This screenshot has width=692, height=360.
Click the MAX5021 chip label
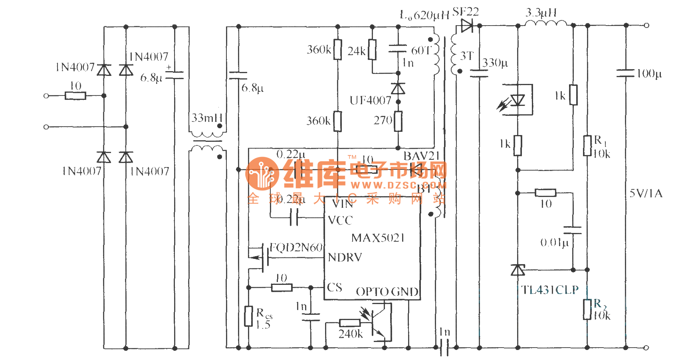(378, 238)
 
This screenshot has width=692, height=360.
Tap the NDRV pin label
(345, 258)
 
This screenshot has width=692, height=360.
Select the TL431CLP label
(550, 290)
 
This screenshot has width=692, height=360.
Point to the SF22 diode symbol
(467, 26)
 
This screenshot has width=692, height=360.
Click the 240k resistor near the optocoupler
(350, 323)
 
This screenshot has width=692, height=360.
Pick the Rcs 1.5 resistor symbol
(249, 316)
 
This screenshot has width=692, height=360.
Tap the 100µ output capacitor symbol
(626, 73)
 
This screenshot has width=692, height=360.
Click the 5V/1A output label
(646, 194)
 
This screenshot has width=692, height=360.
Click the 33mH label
(207, 118)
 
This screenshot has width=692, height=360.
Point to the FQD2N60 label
(296, 248)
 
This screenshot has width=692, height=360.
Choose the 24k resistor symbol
(372, 50)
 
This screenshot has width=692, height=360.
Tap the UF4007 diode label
(370, 100)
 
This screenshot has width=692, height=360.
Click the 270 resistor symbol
(398, 121)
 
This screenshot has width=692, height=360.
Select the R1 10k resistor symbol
(587, 145)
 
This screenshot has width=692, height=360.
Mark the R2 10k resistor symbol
(587, 309)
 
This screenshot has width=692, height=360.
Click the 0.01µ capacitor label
(554, 243)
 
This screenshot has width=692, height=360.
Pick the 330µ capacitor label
(495, 63)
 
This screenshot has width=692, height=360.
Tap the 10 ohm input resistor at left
(75, 96)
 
